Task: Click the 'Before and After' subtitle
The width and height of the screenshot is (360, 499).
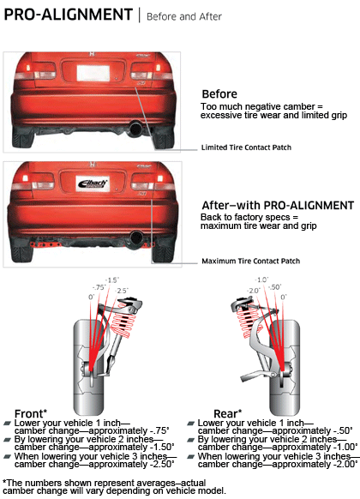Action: pyautogui.click(x=184, y=16)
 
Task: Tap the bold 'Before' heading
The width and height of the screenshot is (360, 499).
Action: pyautogui.click(x=219, y=94)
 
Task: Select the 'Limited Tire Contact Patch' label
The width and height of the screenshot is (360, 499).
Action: pyautogui.click(x=246, y=147)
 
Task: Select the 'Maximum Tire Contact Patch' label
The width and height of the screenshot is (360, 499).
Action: pyautogui.click(x=250, y=261)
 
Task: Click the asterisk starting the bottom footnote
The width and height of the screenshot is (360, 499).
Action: pyautogui.click(x=5, y=481)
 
